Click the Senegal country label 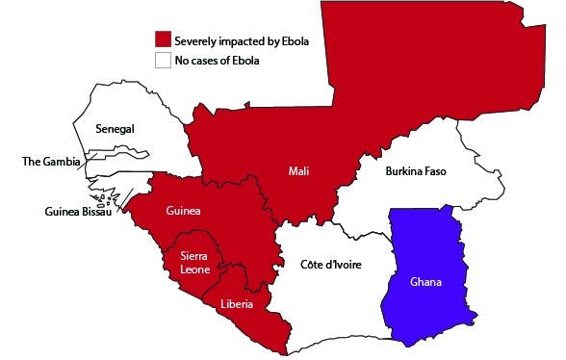(x=115, y=129)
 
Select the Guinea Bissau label (x=78, y=212)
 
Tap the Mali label (x=298, y=171)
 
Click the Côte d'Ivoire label (x=329, y=264)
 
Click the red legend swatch (x=164, y=39)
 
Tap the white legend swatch (x=164, y=60)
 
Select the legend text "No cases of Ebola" (x=217, y=61)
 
